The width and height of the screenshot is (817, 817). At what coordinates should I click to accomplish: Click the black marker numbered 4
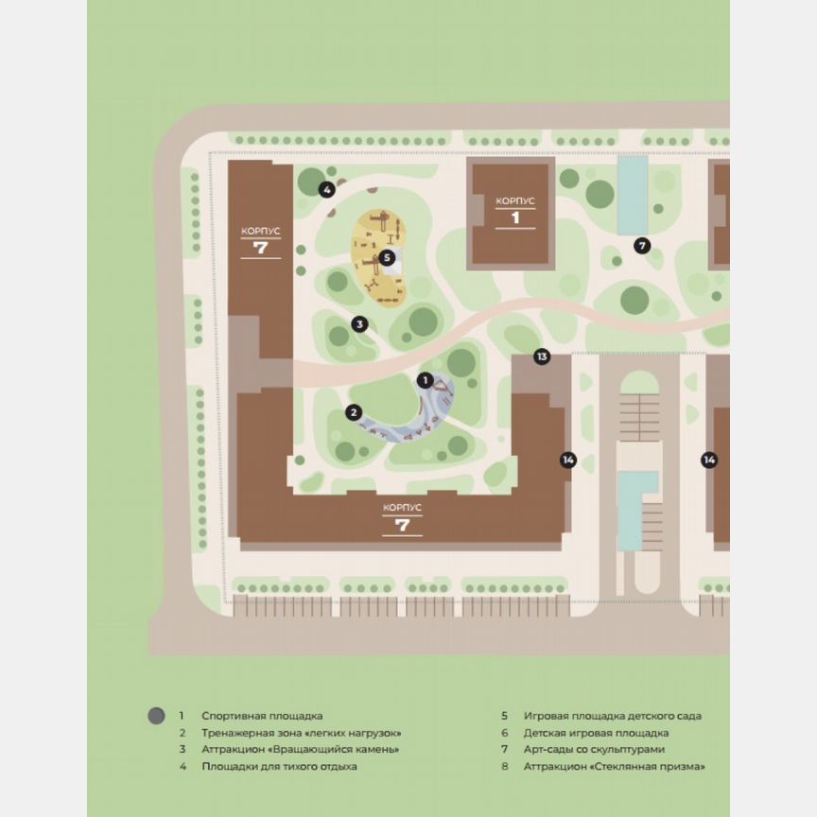326,189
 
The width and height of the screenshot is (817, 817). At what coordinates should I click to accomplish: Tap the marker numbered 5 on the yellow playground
387,257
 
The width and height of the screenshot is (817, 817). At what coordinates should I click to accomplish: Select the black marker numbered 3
359,324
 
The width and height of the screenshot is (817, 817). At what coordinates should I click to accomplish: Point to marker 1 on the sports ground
426,380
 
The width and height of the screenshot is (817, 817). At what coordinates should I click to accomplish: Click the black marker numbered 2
354,412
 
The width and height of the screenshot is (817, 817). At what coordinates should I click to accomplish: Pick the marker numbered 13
542,356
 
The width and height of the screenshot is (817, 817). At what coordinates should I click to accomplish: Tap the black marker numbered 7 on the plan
642,246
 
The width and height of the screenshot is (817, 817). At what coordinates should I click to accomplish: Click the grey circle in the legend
157,716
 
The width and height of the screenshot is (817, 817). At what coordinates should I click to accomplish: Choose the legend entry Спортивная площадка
262,716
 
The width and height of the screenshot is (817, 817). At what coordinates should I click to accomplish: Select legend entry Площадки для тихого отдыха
279,767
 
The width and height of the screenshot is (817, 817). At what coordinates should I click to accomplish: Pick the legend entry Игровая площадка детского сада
613,716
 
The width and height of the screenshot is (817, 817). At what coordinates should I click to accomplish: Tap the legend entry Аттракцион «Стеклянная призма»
615,767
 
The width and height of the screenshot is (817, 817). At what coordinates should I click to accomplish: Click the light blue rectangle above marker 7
633,195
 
